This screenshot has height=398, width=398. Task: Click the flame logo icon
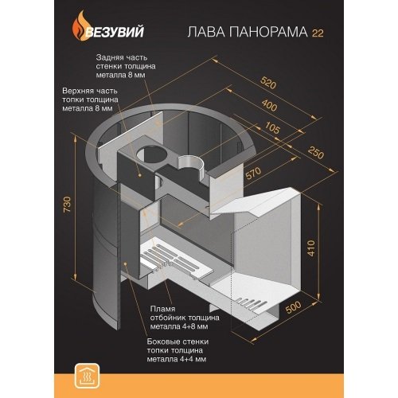point(80,25)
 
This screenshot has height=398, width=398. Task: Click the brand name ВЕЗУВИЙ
point(115,32)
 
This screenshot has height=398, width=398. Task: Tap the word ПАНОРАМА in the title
point(268,32)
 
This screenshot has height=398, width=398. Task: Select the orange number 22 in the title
point(318,33)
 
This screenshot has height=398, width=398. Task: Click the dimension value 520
point(268,83)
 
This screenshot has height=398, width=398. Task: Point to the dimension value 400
point(270,105)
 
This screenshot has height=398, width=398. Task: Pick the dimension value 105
point(272,128)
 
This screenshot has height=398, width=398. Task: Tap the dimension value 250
point(316,152)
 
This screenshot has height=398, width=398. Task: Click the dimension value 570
point(253,174)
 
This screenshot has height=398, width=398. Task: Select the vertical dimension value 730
point(68,204)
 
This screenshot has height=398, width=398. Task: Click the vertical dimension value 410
point(311,248)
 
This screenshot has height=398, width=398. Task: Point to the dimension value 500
point(293,307)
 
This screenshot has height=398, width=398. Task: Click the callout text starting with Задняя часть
point(126,66)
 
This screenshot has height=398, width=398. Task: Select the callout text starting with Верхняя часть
point(90,99)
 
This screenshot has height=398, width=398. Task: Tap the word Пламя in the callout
point(162,309)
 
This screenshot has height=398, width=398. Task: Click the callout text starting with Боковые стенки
point(178,350)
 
